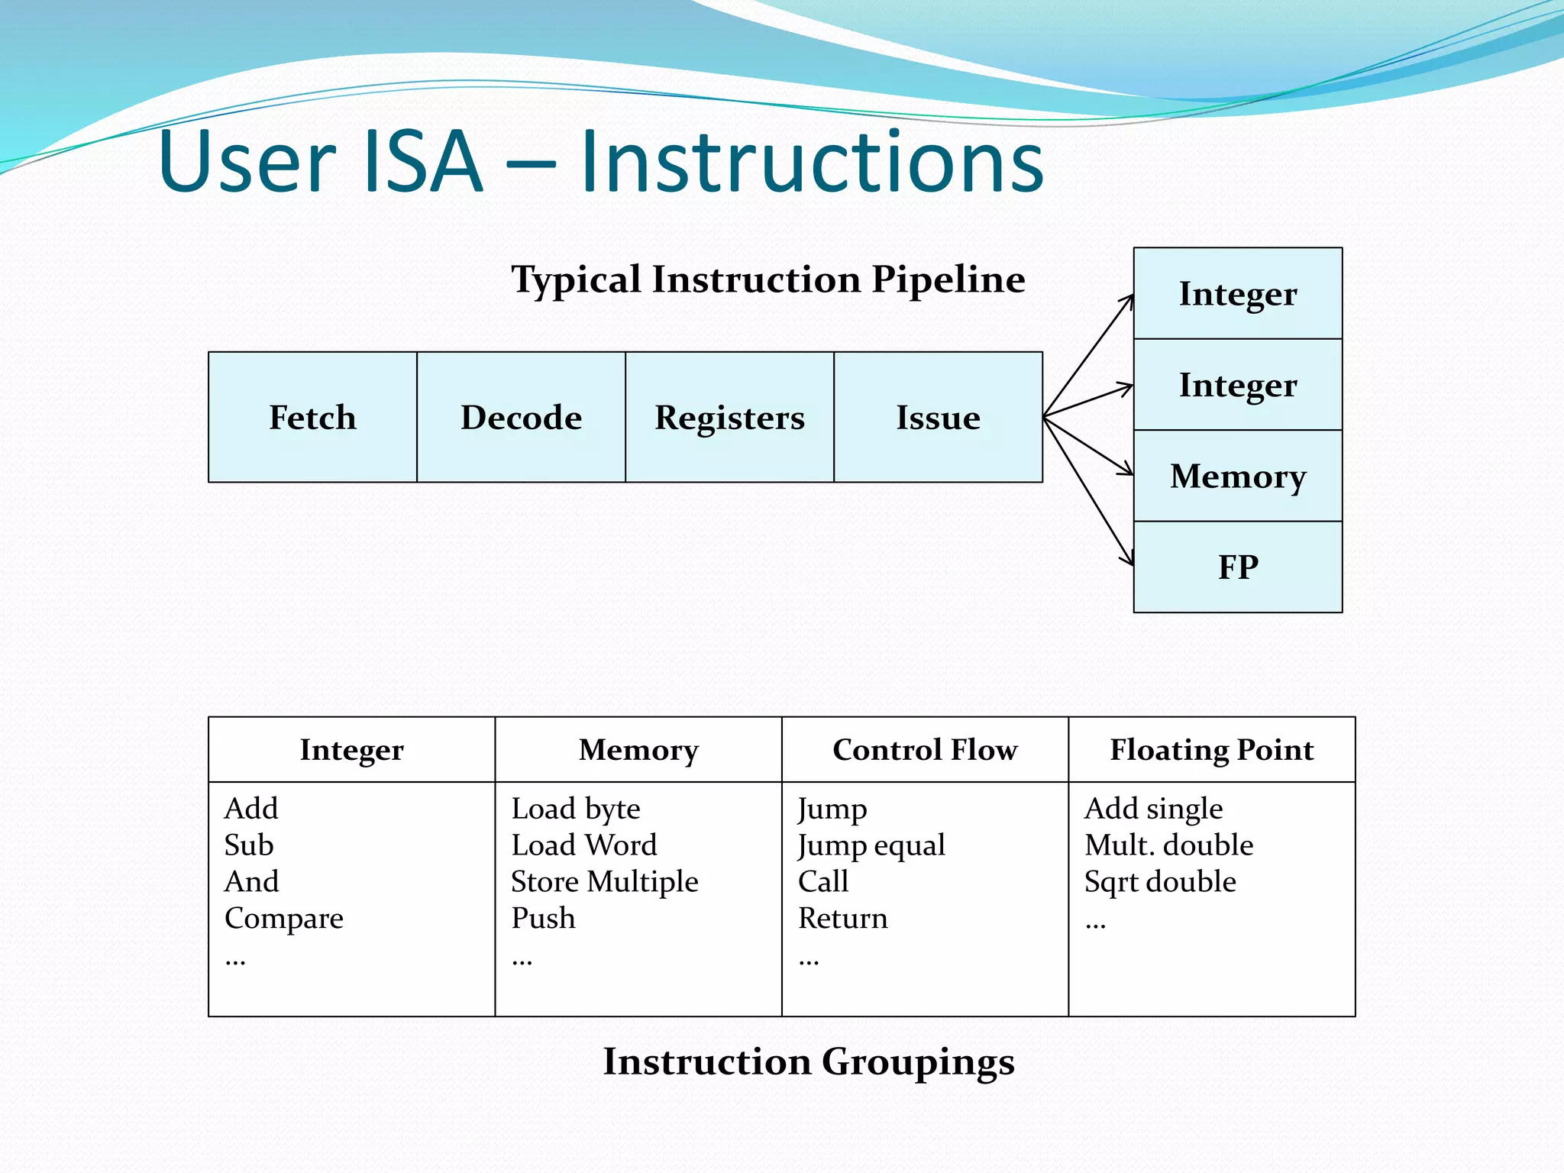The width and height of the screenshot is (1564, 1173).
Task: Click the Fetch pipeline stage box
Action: click(312, 417)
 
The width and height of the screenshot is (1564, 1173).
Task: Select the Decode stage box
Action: click(521, 417)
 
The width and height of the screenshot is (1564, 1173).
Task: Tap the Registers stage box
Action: click(729, 417)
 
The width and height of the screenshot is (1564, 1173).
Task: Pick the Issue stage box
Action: click(938, 417)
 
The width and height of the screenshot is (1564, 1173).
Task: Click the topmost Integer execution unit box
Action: click(1237, 293)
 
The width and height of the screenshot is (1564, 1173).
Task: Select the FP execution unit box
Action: click(1237, 567)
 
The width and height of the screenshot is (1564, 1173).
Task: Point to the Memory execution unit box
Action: click(1237, 476)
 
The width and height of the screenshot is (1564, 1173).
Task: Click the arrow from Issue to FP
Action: click(1088, 492)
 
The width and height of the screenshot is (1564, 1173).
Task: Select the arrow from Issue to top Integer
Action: click(1088, 356)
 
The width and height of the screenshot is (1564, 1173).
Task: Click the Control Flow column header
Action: click(925, 750)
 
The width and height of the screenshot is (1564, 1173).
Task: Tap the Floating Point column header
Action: click(1211, 750)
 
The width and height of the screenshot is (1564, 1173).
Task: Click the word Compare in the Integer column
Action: click(283, 919)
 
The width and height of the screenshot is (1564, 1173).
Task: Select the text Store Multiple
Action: click(604, 882)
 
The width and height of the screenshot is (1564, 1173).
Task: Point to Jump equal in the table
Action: click(871, 845)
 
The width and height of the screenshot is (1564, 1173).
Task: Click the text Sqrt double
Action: click(1159, 882)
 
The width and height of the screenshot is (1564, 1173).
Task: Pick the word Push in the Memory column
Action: click(543, 918)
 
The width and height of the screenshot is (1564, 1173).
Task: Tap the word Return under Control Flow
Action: click(842, 918)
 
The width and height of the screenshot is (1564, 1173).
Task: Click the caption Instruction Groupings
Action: click(809, 1062)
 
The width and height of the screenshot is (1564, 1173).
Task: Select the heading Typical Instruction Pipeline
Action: click(767, 280)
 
